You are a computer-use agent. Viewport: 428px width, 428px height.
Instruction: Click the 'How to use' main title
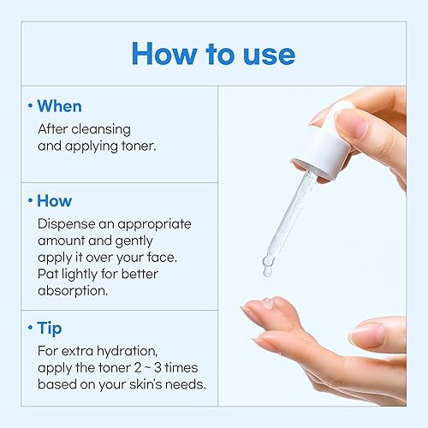213,53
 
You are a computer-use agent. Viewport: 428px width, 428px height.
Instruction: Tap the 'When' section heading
59,107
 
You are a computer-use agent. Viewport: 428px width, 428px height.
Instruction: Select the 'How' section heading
54,201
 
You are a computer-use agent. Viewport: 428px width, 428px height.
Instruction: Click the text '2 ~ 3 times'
163,367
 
